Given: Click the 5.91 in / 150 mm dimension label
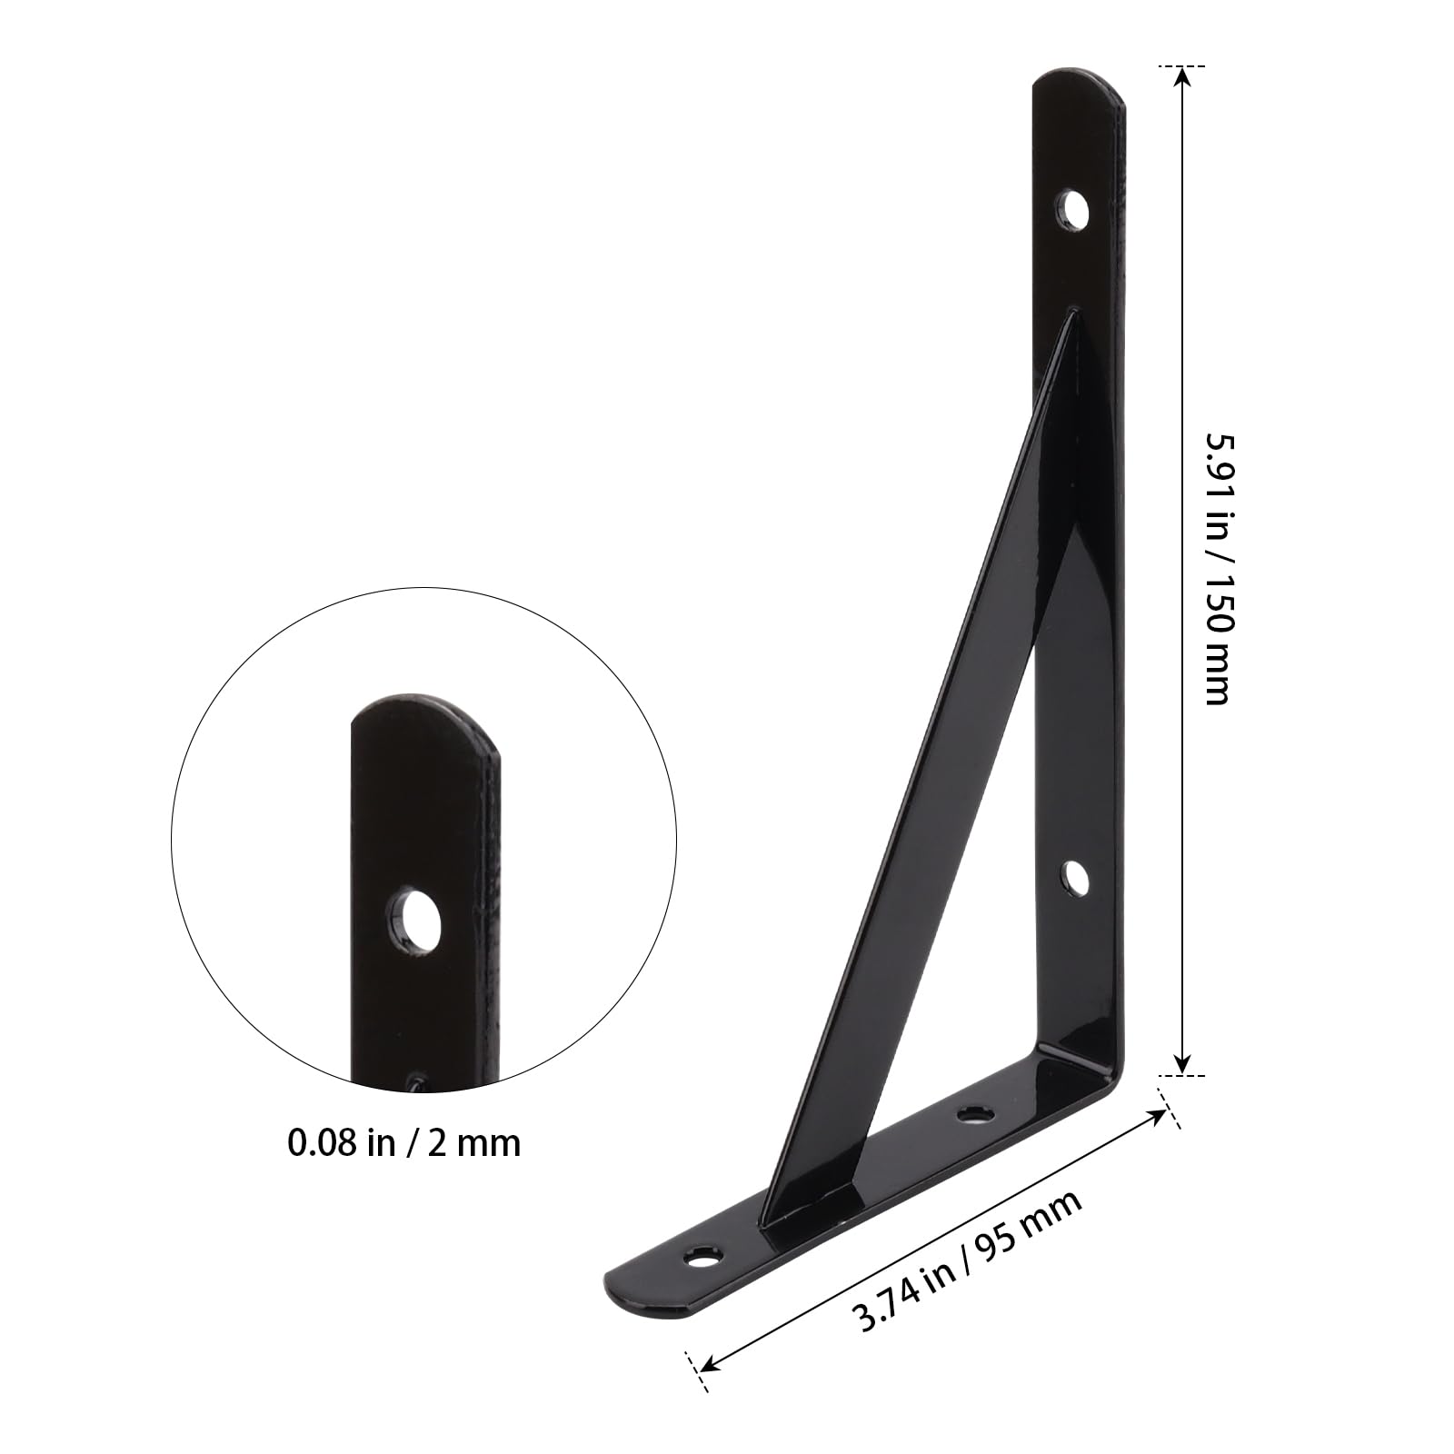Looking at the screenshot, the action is (1218, 568).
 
